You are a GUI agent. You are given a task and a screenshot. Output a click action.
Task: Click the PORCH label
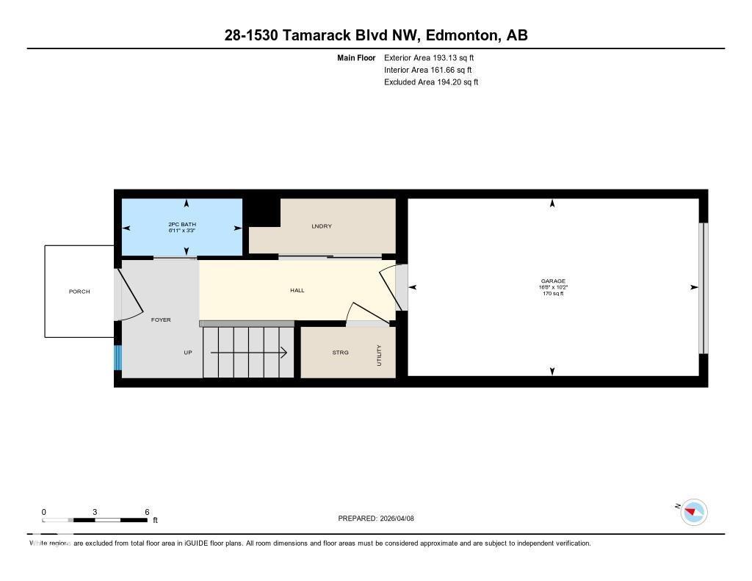(79, 292)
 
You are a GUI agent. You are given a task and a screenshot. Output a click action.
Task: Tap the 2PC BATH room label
(182, 224)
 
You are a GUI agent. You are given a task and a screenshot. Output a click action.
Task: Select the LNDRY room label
(322, 226)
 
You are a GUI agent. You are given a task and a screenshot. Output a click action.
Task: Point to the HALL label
(297, 290)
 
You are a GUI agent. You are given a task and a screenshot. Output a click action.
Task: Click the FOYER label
(161, 320)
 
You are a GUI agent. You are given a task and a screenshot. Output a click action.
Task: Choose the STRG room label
(340, 353)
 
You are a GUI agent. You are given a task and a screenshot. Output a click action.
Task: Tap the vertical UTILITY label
(380, 356)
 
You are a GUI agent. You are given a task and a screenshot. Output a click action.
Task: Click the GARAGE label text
(553, 281)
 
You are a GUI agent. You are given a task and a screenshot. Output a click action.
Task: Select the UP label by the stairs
(188, 353)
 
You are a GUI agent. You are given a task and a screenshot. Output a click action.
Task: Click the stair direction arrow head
(283, 353)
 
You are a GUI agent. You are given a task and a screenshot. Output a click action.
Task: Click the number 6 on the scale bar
(147, 512)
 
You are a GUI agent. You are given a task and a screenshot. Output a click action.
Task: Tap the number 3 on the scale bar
(95, 512)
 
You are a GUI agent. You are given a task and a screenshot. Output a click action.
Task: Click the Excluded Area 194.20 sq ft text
(431, 82)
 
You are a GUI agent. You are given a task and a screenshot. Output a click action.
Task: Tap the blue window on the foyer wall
(117, 357)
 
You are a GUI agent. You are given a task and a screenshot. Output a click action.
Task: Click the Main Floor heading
(356, 57)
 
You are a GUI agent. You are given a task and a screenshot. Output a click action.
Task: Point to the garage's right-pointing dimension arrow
(693, 287)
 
